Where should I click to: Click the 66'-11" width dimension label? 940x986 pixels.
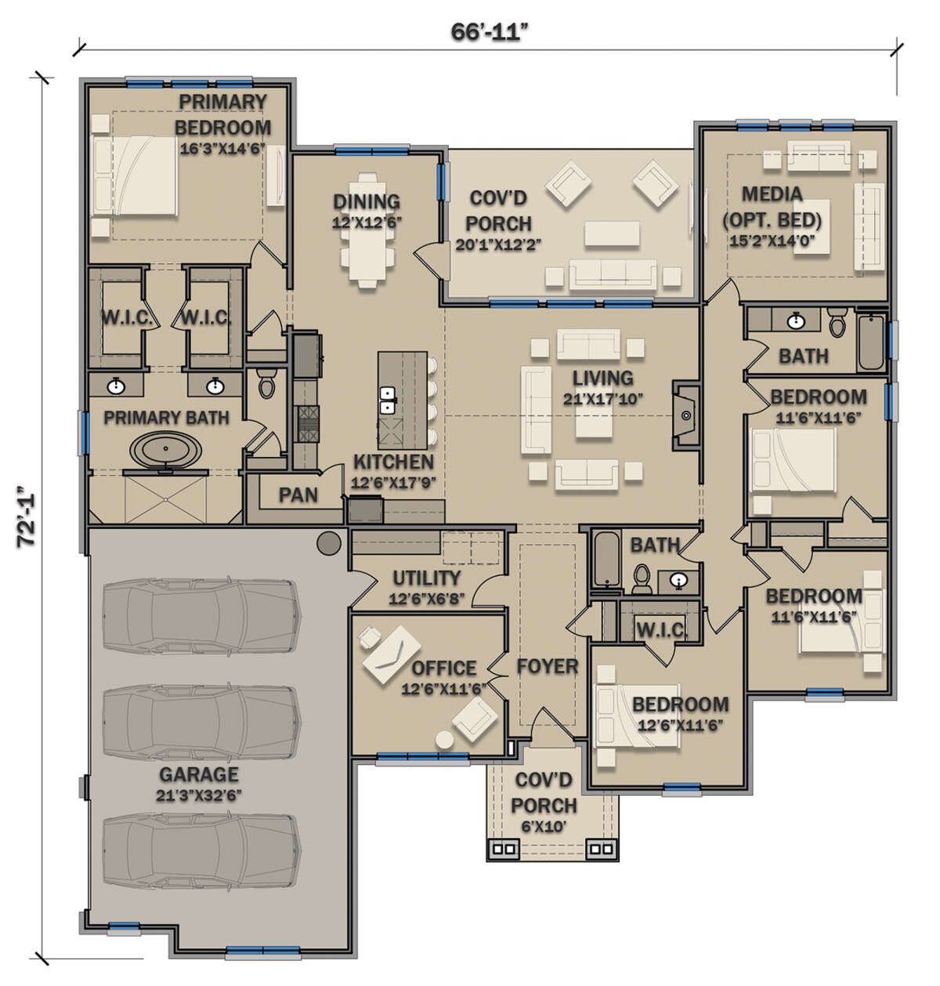click(x=490, y=32)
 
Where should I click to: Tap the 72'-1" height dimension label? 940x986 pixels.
click(x=26, y=516)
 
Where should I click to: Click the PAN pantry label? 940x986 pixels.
click(x=298, y=495)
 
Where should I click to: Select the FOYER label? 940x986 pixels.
click(x=548, y=666)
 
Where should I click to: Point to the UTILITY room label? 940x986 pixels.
click(x=427, y=578)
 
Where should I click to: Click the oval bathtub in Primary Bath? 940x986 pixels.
click(x=166, y=450)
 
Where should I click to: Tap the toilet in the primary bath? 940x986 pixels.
click(x=266, y=384)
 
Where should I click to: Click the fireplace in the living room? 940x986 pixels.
click(x=685, y=415)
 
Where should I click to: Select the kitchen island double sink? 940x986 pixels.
click(x=387, y=400)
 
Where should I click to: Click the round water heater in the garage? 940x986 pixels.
click(x=329, y=542)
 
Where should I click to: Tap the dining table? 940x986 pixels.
click(x=367, y=230)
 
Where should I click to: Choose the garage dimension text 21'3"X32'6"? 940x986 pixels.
click(x=199, y=795)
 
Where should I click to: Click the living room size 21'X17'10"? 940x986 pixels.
click(x=603, y=399)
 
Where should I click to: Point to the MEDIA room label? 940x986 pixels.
click(x=772, y=194)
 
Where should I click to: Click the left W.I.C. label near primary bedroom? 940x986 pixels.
click(x=127, y=317)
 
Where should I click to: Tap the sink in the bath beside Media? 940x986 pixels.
click(x=796, y=321)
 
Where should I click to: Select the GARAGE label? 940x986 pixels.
click(x=199, y=774)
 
